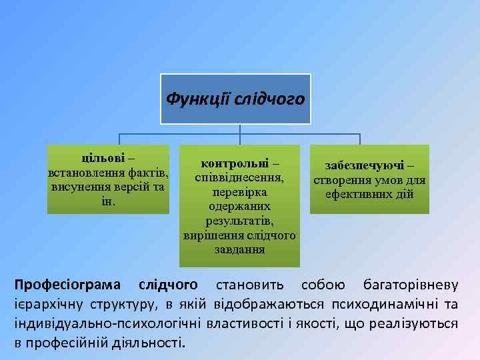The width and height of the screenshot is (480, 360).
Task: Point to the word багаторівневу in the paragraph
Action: pyautogui.click(x=410, y=286)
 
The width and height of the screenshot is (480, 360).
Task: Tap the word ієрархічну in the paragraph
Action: pyautogui.click(x=44, y=305)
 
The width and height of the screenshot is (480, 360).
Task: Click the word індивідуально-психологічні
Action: pyautogui.click(x=107, y=324)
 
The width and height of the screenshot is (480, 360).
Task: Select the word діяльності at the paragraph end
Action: pyautogui.click(x=151, y=343)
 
